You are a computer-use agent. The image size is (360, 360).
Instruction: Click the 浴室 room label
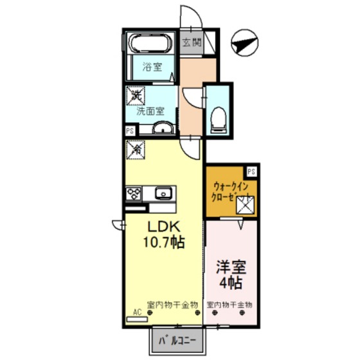pyautogui.click(x=152, y=67)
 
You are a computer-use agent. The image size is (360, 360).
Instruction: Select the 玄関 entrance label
pyautogui.click(x=192, y=43)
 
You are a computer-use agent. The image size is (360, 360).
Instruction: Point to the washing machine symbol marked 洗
pyautogui.click(x=136, y=95)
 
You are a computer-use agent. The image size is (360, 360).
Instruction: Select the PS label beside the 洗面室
pyautogui.click(x=129, y=130)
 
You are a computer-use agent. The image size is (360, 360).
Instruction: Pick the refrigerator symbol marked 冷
pyautogui.click(x=136, y=149)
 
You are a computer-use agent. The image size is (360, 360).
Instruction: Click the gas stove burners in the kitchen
pyautogui.click(x=134, y=192)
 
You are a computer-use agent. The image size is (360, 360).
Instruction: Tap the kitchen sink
pyautogui.click(x=163, y=192)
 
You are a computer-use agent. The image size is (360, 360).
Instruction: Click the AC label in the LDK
pyautogui.click(x=136, y=312)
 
